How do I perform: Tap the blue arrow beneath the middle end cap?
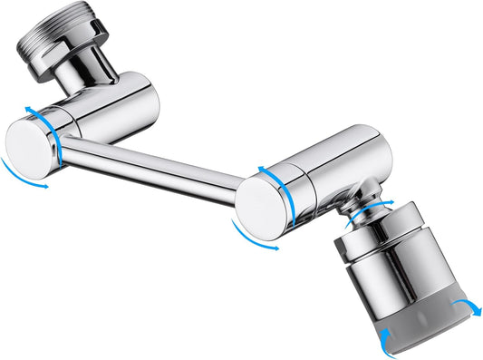point(255,238)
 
